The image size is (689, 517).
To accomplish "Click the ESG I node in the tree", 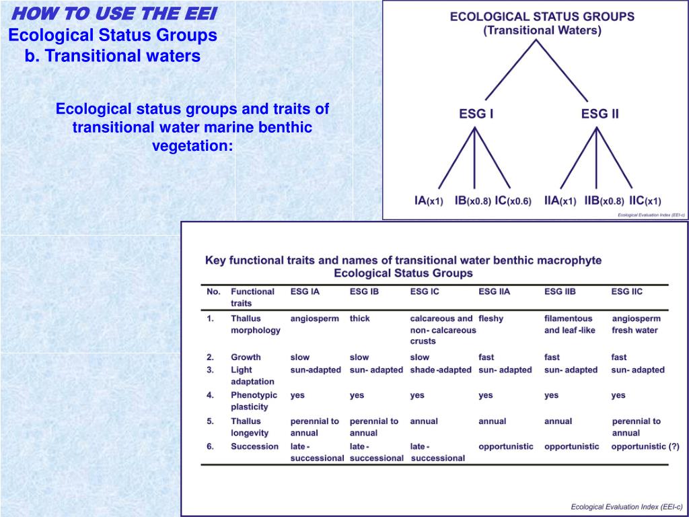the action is pyautogui.click(x=476, y=114).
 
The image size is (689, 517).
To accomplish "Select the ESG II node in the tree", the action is pyautogui.click(x=600, y=114).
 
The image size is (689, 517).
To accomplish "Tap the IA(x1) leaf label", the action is pyautogui.click(x=428, y=201).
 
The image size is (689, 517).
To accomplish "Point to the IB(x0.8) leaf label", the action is pyautogui.click(x=472, y=201).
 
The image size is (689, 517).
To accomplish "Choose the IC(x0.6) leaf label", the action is pyautogui.click(x=513, y=201).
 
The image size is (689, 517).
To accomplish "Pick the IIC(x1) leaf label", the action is pyautogui.click(x=645, y=201).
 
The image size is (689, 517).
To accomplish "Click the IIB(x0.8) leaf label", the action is pyautogui.click(x=604, y=201).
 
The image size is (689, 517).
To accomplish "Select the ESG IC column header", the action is pyautogui.click(x=425, y=291).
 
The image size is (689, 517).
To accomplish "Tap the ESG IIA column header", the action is pyautogui.click(x=495, y=291).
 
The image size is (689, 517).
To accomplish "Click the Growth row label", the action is pyautogui.click(x=246, y=357).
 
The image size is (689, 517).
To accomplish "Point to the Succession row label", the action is pyautogui.click(x=254, y=446).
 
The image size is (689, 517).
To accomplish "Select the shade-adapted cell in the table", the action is pyautogui.click(x=441, y=370).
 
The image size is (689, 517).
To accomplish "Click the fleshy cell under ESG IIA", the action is pyautogui.click(x=491, y=318).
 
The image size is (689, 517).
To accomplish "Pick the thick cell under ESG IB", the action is pyautogui.click(x=360, y=318).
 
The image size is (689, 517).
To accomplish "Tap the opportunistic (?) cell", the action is pyautogui.click(x=645, y=446).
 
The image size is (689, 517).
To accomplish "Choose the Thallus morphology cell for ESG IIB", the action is pyautogui.click(x=569, y=324).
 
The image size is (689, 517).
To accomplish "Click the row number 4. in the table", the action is pyautogui.click(x=211, y=395).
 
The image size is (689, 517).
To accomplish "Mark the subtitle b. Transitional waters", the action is pyautogui.click(x=112, y=56).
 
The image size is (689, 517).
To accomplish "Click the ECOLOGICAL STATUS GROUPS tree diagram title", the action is pyautogui.click(x=542, y=18).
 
